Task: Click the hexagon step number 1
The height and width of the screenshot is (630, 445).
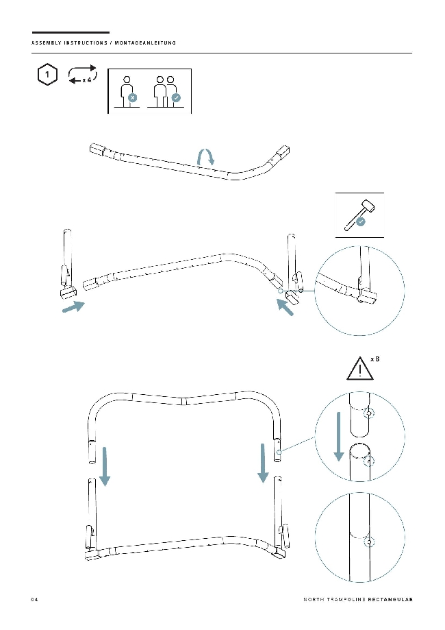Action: point(47,74)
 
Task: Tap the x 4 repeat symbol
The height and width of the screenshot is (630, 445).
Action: point(82,75)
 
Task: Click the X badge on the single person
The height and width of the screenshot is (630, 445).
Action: point(132,97)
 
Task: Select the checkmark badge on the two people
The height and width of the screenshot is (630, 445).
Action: point(176,97)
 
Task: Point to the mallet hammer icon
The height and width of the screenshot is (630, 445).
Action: point(359,215)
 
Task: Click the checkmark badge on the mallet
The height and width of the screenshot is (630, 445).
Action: point(361,221)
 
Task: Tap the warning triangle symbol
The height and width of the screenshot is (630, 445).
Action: point(360,368)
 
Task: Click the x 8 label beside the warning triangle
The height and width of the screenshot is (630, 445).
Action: point(374,359)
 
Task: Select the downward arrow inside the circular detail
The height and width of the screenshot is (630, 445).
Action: point(339,437)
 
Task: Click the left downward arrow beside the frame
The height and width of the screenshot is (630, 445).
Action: point(105,466)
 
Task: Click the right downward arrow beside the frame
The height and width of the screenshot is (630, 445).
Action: point(263,463)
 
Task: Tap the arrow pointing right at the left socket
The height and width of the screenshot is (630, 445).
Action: point(73,307)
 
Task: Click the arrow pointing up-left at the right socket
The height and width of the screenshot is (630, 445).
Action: point(285,307)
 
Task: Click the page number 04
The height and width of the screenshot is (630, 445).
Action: point(34,600)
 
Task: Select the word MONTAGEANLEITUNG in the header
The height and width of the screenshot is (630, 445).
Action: point(145,43)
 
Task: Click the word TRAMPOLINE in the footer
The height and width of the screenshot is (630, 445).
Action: point(346,599)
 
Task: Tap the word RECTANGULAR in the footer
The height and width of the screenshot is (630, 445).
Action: point(390,599)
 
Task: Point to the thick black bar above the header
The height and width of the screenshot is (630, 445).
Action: point(71,32)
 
